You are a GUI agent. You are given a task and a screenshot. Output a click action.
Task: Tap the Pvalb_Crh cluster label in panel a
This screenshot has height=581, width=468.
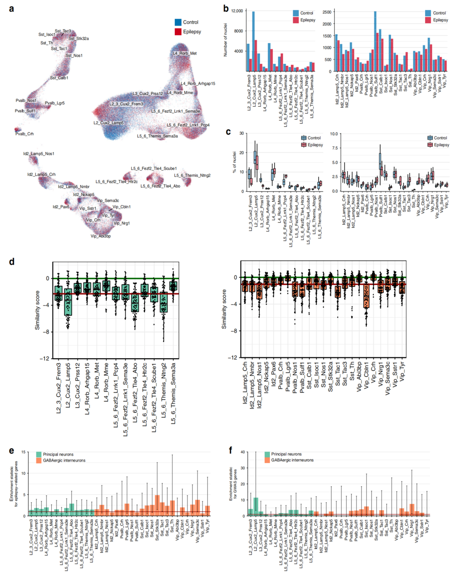[x=24, y=134]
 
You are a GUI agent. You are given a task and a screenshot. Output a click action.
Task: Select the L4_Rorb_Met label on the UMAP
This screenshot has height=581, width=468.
[x=185, y=54]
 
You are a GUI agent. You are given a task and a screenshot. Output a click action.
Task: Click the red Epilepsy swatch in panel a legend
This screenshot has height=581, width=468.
[x=178, y=31]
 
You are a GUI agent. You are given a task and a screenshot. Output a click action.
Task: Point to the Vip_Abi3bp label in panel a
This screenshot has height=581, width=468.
[x=101, y=236]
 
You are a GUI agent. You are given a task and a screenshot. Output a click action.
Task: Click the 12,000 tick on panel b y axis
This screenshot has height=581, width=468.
[x=236, y=11]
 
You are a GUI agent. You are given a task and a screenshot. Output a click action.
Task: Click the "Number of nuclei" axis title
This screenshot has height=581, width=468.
[x=226, y=41]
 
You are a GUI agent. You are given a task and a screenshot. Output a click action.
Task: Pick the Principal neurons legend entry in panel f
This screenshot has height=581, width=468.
[x=286, y=454]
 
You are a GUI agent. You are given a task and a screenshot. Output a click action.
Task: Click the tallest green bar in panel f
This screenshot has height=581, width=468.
[x=255, y=506]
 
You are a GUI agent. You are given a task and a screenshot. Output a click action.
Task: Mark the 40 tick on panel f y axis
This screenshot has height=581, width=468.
[x=242, y=451]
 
